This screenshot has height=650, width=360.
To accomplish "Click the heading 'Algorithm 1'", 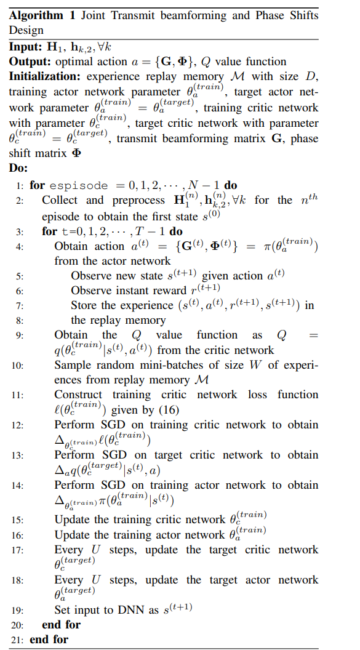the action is (36, 16).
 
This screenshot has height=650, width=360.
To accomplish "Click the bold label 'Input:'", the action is (25, 47).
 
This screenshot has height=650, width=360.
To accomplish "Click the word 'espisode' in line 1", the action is (78, 185).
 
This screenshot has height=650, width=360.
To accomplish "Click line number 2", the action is (20, 201).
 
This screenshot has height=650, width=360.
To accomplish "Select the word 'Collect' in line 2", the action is (60, 200).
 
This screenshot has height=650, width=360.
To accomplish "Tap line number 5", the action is (20, 276).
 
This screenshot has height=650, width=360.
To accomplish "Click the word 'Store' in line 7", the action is (84, 305).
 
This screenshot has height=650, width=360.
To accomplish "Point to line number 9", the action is (20, 336).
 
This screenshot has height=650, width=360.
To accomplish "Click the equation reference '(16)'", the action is (166, 411).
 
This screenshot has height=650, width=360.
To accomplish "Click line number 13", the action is (18, 455).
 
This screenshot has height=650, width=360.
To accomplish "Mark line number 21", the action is (18, 640).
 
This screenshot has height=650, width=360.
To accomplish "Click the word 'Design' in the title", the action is (26, 31).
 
